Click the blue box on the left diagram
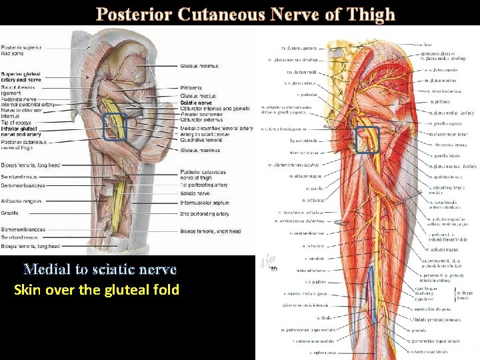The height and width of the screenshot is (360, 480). (x=115, y=127)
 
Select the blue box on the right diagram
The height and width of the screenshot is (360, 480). (x=367, y=140)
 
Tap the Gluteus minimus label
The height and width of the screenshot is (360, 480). (x=199, y=66)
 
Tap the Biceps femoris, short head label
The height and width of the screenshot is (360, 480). (x=209, y=231)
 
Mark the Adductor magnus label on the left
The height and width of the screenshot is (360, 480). (x=21, y=201)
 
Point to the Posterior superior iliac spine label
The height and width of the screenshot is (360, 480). (x=21, y=51)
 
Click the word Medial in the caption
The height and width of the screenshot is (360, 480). (x=44, y=269)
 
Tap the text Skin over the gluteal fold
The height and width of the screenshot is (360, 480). (x=97, y=290)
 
